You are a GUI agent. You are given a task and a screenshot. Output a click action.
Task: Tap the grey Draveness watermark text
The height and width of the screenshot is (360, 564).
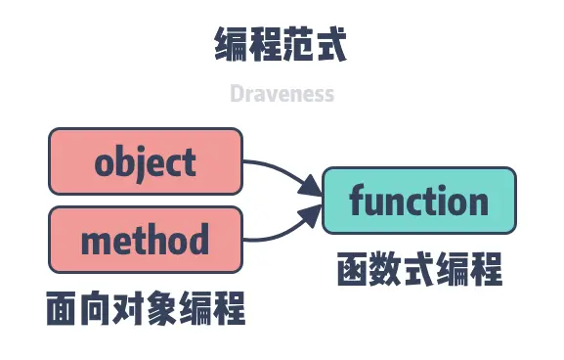(282, 94)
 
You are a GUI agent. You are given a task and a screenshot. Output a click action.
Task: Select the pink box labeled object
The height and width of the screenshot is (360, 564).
(145, 161)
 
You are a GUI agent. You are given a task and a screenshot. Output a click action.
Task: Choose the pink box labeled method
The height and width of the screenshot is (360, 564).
(145, 239)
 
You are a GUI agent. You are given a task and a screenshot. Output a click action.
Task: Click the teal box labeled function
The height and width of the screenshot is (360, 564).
(418, 202)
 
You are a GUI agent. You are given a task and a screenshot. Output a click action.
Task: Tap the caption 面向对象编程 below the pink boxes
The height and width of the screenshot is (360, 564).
(145, 309)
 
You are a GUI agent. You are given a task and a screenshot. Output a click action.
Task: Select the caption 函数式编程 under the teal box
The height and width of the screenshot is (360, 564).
(418, 267)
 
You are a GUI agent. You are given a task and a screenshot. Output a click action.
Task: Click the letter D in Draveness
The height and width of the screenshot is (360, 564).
(237, 94)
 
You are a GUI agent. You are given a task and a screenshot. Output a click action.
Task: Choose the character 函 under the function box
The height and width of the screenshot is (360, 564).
(353, 267)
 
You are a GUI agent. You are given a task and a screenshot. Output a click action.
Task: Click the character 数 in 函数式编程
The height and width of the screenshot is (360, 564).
(386, 267)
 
